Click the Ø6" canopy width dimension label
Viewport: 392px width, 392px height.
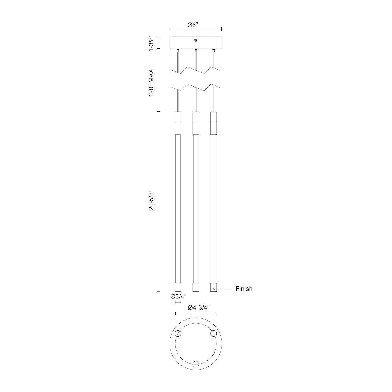click(x=193, y=25)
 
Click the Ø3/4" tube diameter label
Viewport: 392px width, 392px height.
click(x=178, y=296)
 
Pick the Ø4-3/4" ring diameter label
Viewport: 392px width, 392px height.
click(x=196, y=308)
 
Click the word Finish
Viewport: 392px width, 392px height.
click(x=244, y=289)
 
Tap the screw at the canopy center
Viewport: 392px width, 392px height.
click(x=195, y=40)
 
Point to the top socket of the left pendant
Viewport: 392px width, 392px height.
click(x=178, y=122)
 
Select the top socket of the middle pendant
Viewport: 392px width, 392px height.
click(x=195, y=122)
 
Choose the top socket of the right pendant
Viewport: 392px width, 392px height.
click(x=213, y=122)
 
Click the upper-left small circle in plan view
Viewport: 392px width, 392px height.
click(x=178, y=333)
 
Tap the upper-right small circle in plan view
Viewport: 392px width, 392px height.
click(x=214, y=333)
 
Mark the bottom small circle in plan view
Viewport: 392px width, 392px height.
click(x=195, y=364)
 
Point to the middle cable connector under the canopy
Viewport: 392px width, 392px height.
click(x=195, y=50)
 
